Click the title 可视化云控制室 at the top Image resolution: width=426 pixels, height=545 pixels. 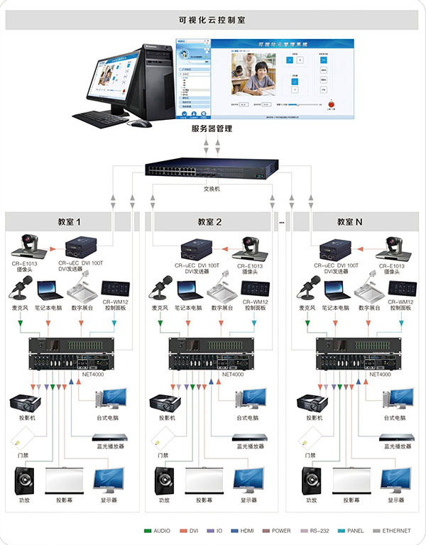click(x=212, y=21)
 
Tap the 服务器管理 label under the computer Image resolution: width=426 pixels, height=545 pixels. click(x=212, y=129)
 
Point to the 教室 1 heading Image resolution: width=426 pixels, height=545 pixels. click(x=69, y=222)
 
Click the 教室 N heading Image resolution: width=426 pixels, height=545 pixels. click(x=350, y=222)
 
